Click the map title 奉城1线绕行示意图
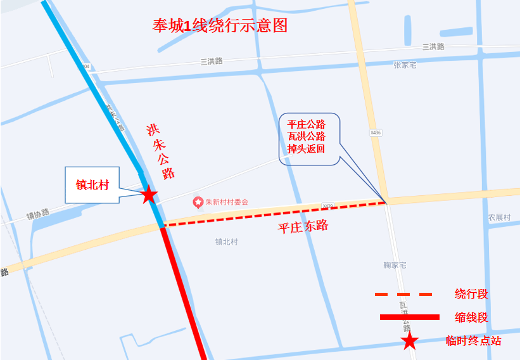point(220,25)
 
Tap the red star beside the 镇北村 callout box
point(149,194)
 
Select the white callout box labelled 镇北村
point(93,185)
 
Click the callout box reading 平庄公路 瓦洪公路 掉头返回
point(307,138)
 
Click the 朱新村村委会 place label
point(227,202)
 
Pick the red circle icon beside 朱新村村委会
point(198,202)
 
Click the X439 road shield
point(327,205)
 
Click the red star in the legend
point(410,342)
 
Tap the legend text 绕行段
point(471,294)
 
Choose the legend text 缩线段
point(471,318)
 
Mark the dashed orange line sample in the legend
point(403,294)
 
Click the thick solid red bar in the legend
point(409,317)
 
